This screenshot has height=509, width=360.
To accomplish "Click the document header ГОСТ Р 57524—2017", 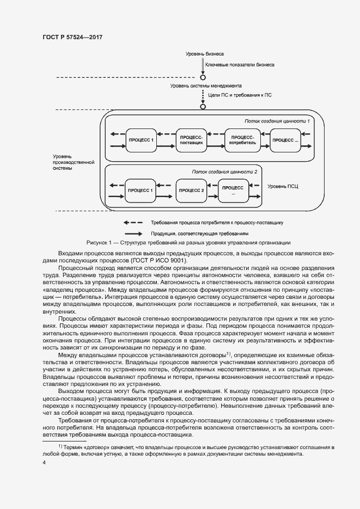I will [72, 37].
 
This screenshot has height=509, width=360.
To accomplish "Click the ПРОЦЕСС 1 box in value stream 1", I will [142, 140].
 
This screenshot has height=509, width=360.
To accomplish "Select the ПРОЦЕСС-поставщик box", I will [191, 140].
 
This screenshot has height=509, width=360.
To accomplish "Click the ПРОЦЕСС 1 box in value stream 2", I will [140, 191].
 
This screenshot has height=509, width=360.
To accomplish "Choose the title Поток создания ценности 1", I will [277, 121].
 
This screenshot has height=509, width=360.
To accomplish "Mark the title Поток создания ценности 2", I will [224, 171].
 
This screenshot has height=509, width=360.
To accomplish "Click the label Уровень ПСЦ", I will [283, 186].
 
